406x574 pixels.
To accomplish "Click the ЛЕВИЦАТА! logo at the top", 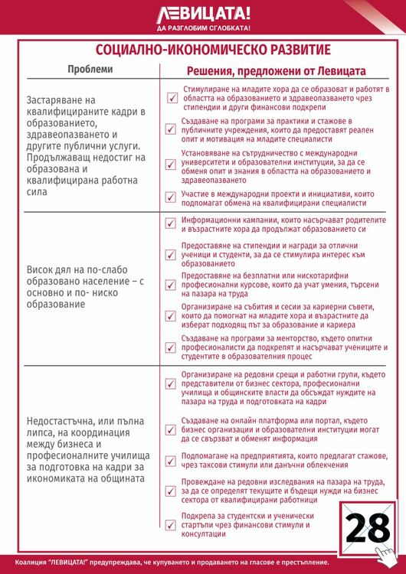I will (x=203, y=13).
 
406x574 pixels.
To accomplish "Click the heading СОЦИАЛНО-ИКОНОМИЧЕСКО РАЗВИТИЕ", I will (x=202, y=51).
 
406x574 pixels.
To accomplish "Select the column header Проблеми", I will (x=89, y=69).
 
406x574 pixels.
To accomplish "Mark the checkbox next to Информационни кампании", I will (x=172, y=223).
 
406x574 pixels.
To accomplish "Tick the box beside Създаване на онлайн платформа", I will (x=172, y=426).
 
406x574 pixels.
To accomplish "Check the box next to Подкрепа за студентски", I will (x=172, y=525).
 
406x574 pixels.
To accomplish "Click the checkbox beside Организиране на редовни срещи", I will (x=172, y=376).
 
